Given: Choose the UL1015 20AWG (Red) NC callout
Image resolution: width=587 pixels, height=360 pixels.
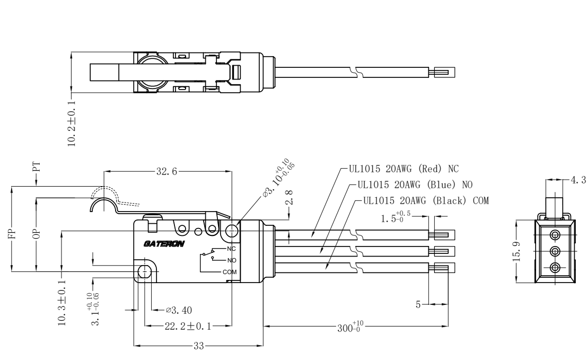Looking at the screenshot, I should [403, 169].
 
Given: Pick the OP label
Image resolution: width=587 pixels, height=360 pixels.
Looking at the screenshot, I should [37, 233].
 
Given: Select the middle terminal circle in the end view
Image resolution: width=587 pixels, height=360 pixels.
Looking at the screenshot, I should [555, 251].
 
